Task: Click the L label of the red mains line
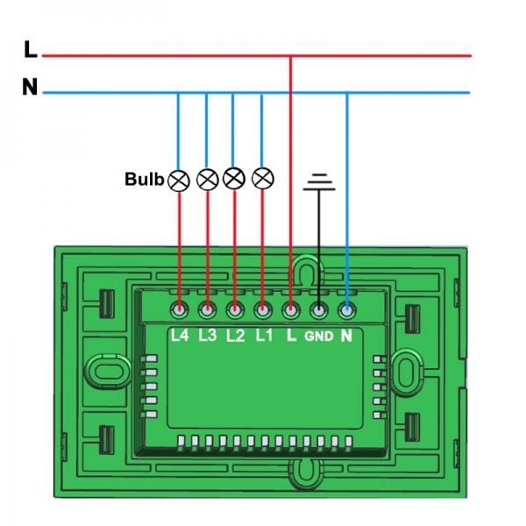pyautogui.click(x=31, y=52)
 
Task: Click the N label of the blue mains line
pyautogui.click(x=30, y=89)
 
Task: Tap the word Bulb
pyautogui.click(x=144, y=180)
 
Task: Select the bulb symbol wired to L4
pyautogui.click(x=179, y=181)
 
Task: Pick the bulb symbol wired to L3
pyautogui.click(x=207, y=180)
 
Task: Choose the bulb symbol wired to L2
pyautogui.click(x=233, y=178)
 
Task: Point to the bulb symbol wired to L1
pyautogui.click(x=262, y=178)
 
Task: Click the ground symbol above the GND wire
pyautogui.click(x=319, y=182)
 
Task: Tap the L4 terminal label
pyautogui.click(x=180, y=335)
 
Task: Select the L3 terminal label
pyautogui.click(x=208, y=335)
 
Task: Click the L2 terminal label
pyautogui.click(x=235, y=335)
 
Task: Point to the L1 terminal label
pyautogui.click(x=262, y=335)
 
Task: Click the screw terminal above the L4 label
pyautogui.click(x=180, y=309)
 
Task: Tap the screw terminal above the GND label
pyautogui.click(x=319, y=309)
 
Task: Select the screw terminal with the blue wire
pyautogui.click(x=347, y=309)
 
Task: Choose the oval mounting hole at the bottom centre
pyautogui.click(x=306, y=473)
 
